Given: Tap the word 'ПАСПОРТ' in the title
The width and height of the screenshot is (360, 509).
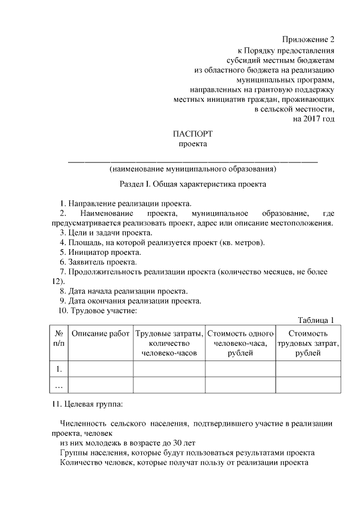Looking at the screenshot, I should coord(193,134).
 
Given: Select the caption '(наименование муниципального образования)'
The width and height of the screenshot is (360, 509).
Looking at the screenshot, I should coord(193,168).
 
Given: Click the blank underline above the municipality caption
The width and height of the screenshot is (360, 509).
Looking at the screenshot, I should coord(193,161).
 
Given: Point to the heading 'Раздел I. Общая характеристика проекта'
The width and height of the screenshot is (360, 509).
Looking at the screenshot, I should coord(193,184).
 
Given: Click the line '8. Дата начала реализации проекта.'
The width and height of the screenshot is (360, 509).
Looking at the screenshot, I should coord(123,291).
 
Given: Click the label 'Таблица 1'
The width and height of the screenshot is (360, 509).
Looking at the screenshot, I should coord(316,320).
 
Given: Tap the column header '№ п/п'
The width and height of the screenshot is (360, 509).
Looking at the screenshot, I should coord(58,339).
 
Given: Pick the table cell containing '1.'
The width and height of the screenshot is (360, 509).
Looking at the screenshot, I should coord(58,369).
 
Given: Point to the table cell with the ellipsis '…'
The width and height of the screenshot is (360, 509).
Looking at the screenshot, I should coord(58,385).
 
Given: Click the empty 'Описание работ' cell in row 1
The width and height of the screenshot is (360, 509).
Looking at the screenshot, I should coord(101,369).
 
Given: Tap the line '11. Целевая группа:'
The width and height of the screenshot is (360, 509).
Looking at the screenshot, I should coord(87,404).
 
